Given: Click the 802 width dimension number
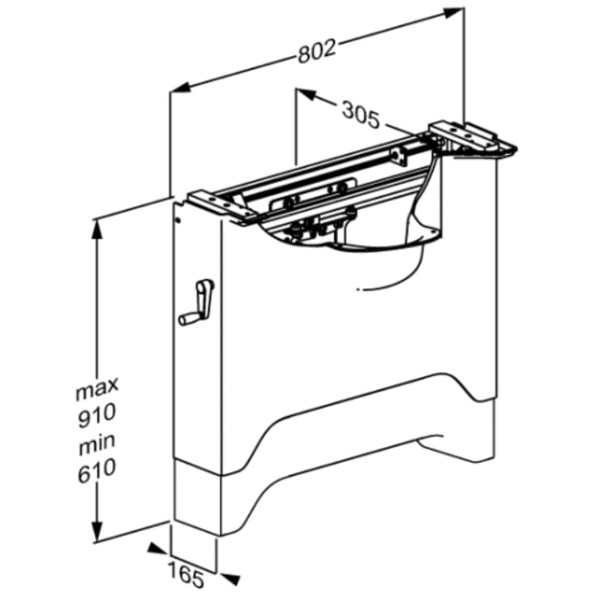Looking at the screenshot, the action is click(x=317, y=50).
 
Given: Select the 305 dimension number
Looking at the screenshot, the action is click(x=361, y=115).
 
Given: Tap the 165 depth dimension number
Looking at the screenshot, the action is click(x=187, y=577).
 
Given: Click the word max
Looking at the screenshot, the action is click(x=97, y=388).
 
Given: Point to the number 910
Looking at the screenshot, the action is click(x=96, y=416).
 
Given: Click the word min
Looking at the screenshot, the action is click(x=96, y=444).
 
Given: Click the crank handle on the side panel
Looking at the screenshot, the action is click(x=196, y=303).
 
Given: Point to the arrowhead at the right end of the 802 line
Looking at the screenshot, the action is click(x=454, y=11).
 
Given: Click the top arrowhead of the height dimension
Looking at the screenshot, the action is click(x=98, y=229).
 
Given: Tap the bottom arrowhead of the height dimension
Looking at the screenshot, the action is click(x=98, y=530).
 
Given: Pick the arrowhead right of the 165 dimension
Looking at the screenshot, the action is click(x=230, y=578).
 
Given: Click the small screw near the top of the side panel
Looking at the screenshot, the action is click(x=177, y=219).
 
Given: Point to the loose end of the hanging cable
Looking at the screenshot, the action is click(x=358, y=289).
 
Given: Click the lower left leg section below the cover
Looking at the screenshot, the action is click(x=197, y=497).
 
